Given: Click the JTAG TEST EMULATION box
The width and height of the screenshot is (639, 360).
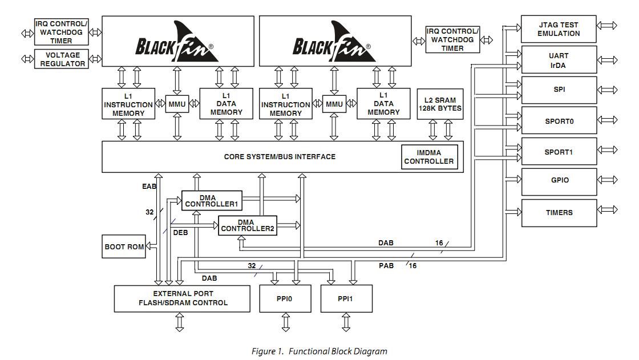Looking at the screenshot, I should (559, 29).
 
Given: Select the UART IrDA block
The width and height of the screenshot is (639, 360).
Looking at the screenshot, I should (559, 60).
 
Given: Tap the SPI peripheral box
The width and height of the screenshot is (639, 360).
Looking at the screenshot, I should (559, 90).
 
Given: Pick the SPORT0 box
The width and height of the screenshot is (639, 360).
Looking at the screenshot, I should (559, 121).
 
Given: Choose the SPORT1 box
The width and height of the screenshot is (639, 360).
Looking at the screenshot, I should (559, 152).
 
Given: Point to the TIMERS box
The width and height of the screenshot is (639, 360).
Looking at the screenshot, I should (559, 213).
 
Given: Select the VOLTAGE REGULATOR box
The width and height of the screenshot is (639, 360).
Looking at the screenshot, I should (63, 59).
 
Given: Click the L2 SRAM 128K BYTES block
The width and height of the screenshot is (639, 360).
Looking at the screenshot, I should (440, 104).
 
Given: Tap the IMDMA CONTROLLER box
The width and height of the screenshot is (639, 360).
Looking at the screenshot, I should (429, 157).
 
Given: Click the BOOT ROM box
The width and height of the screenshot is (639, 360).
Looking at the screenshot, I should (124, 246).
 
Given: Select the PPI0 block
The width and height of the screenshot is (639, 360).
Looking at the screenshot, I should (286, 298).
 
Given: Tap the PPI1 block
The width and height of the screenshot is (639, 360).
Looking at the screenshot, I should (346, 298).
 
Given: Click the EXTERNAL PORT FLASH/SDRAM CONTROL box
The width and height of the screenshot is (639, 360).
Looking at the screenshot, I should (182, 298).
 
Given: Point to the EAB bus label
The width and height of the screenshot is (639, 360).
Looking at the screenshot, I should (149, 186).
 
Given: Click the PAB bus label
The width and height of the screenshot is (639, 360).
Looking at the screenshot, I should (386, 265).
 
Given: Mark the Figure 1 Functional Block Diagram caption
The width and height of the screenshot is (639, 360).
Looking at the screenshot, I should (319, 351).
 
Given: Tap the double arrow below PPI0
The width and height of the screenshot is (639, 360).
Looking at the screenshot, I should (286, 323).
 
